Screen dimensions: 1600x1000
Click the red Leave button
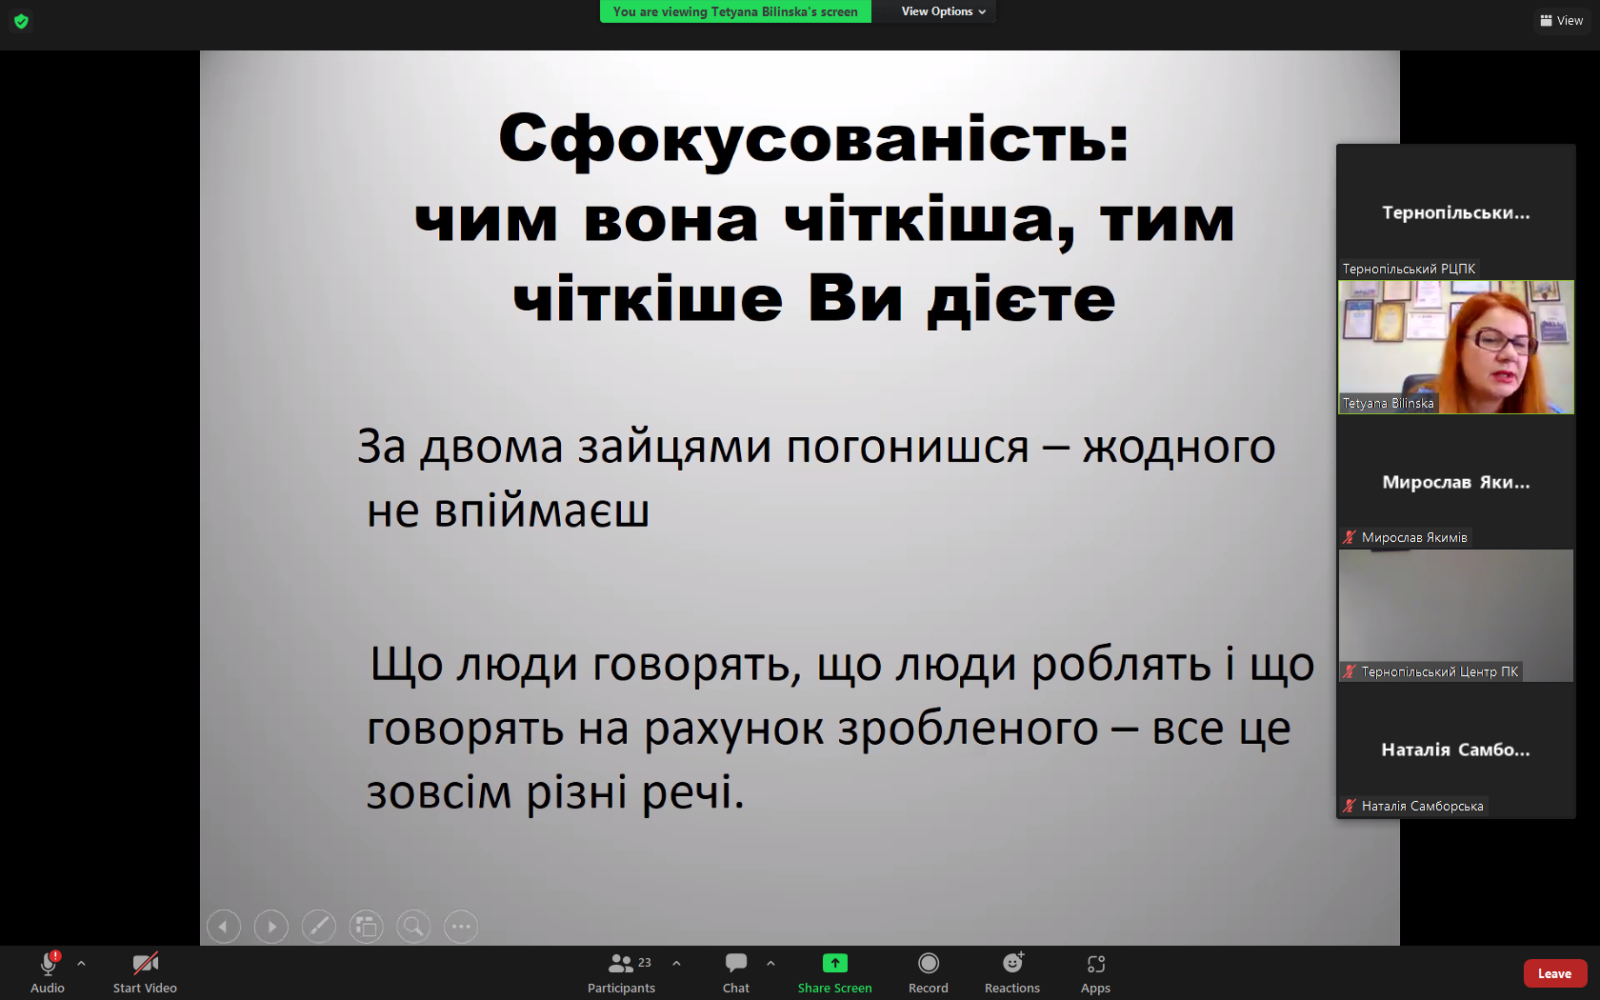click(1554, 973)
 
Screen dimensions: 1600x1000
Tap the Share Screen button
click(834, 964)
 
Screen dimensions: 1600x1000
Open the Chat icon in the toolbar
click(735, 963)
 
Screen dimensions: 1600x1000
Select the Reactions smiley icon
click(1013, 963)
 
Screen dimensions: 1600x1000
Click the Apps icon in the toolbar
click(1095, 964)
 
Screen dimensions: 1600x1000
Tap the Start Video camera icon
click(145, 964)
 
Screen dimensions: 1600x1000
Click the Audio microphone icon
click(49, 964)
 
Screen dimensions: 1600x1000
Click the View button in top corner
click(1562, 21)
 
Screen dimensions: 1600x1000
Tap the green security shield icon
click(21, 21)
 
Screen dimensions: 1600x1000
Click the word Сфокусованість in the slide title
click(813, 138)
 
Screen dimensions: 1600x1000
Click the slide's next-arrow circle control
click(271, 927)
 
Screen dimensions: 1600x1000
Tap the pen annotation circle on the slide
click(318, 927)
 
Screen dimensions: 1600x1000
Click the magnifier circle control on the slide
click(413, 927)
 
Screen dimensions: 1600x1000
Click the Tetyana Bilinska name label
click(1388, 403)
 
